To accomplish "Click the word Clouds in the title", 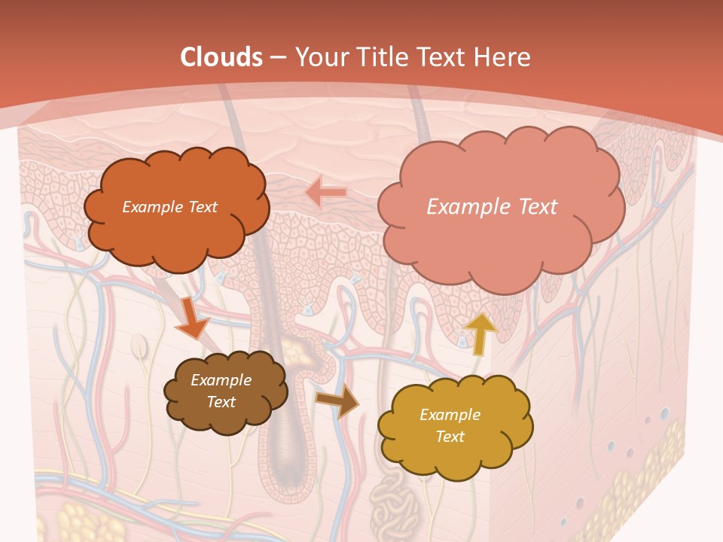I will (x=221, y=56).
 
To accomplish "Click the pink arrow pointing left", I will (x=326, y=193).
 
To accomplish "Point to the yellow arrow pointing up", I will (x=480, y=333).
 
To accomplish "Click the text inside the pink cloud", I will (x=492, y=207).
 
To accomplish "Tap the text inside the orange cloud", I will (x=169, y=207).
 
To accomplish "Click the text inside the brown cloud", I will (x=221, y=391).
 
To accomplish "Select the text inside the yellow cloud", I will (x=450, y=425).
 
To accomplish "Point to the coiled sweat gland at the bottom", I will (x=393, y=508).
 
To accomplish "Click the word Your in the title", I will (x=319, y=56).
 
